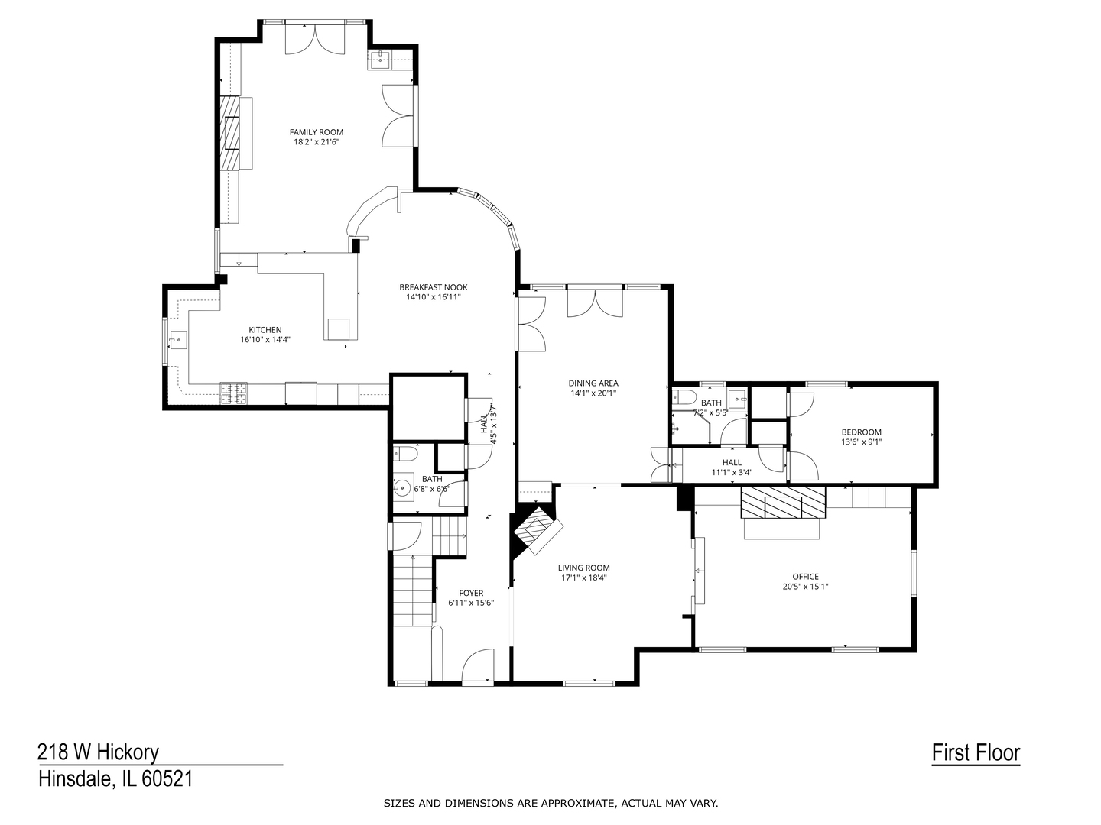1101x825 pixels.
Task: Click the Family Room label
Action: pyautogui.click(x=316, y=132)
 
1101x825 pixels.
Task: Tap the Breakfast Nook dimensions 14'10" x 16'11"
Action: pyautogui.click(x=433, y=297)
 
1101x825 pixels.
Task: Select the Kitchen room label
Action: pyautogui.click(x=265, y=330)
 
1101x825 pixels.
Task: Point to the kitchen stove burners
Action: pyautogui.click(x=235, y=393)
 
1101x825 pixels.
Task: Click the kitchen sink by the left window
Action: pyautogui.click(x=177, y=339)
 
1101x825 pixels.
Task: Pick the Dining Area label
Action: pyautogui.click(x=593, y=383)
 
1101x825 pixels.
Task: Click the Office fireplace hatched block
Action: pyautogui.click(x=782, y=504)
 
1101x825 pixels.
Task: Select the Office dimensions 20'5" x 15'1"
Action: pyautogui.click(x=805, y=587)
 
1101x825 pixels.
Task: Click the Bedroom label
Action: pyautogui.click(x=861, y=432)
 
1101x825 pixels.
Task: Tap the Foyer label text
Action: pyautogui.click(x=471, y=593)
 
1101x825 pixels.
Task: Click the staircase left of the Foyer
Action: pyautogui.click(x=413, y=592)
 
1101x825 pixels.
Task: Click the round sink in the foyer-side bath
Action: pyautogui.click(x=401, y=486)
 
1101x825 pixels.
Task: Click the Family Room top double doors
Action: pyautogui.click(x=316, y=38)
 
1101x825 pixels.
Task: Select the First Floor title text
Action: pyautogui.click(x=976, y=752)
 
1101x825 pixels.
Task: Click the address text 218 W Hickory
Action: pyautogui.click(x=98, y=752)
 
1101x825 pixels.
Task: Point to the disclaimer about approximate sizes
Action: pyautogui.click(x=550, y=803)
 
